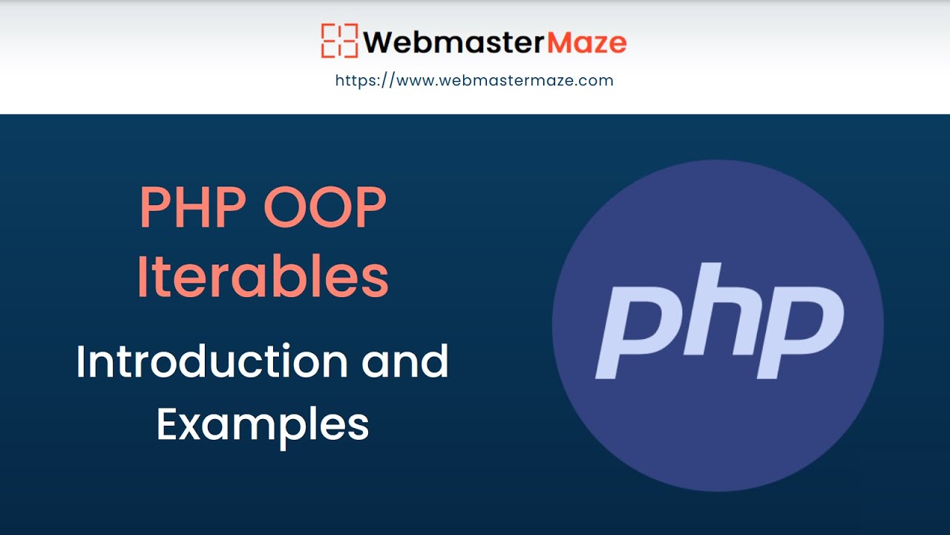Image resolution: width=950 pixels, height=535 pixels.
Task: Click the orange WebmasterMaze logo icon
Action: pyautogui.click(x=340, y=41)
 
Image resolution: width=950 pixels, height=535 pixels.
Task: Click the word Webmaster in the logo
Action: pyautogui.click(x=454, y=42)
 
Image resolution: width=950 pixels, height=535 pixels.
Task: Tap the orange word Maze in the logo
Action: pyautogui.click(x=586, y=42)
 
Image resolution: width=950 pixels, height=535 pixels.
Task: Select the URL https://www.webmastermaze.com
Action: pyautogui.click(x=474, y=80)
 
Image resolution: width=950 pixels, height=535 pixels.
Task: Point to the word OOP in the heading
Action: pyautogui.click(x=324, y=209)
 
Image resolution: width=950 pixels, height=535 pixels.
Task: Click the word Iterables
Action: pyautogui.click(x=263, y=276)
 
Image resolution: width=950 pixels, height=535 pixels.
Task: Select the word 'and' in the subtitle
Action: pyautogui.click(x=405, y=362)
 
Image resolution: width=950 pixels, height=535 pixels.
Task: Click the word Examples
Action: pyautogui.click(x=263, y=424)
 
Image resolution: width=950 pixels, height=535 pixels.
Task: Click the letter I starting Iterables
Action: pyautogui.click(x=143, y=276)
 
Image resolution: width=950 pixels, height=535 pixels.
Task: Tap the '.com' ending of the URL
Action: pyautogui.click(x=597, y=80)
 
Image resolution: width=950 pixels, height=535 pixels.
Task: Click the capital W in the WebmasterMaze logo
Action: pyautogui.click(x=381, y=42)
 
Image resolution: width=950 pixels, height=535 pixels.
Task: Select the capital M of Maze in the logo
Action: pyautogui.click(x=560, y=42)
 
